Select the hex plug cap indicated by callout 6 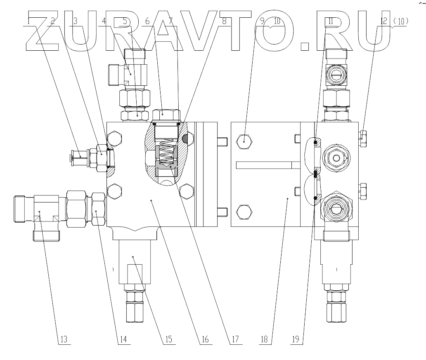click(166, 114)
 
